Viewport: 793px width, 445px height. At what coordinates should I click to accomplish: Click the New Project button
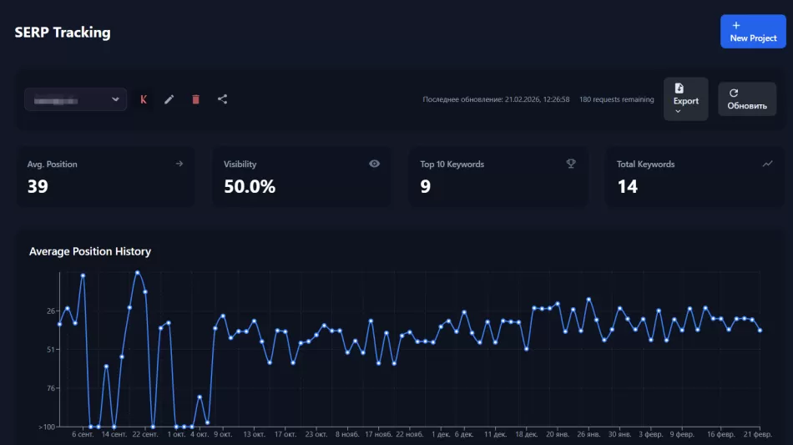tap(752, 32)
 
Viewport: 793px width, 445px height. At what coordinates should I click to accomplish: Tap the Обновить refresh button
tap(746, 99)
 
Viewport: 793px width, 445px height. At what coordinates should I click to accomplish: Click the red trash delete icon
tap(195, 99)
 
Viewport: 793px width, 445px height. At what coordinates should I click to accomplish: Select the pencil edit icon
tap(169, 99)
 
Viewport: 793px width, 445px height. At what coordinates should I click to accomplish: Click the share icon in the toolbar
tap(222, 99)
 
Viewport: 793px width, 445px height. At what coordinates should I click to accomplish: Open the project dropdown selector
tap(75, 100)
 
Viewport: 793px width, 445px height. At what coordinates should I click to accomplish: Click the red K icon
tap(144, 99)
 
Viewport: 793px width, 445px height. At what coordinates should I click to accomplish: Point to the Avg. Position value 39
tap(38, 186)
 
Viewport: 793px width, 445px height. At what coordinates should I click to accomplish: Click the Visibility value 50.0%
tap(249, 186)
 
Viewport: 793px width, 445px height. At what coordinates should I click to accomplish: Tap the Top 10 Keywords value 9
tap(425, 186)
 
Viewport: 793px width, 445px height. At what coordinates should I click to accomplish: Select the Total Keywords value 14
tap(627, 186)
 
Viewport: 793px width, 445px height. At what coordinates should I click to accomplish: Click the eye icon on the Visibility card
tap(374, 164)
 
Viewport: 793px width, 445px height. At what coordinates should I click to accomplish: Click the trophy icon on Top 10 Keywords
tap(571, 164)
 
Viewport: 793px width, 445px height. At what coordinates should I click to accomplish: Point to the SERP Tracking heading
tap(63, 33)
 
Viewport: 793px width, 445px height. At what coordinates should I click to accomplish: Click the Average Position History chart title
tap(90, 251)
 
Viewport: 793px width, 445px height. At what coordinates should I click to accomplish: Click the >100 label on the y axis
tap(47, 427)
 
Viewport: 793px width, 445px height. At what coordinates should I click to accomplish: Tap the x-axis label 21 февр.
tap(757, 434)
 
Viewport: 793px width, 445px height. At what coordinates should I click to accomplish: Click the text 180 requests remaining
tap(616, 99)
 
